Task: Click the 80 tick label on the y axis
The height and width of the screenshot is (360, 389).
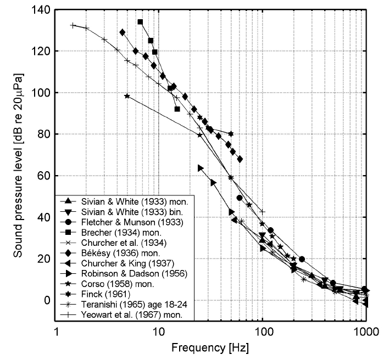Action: click(43, 134)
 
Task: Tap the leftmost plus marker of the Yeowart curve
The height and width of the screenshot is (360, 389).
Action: click(73, 25)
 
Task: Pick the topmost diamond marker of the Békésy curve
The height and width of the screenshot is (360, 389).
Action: click(123, 32)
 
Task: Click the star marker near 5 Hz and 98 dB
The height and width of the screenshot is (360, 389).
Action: click(127, 96)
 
